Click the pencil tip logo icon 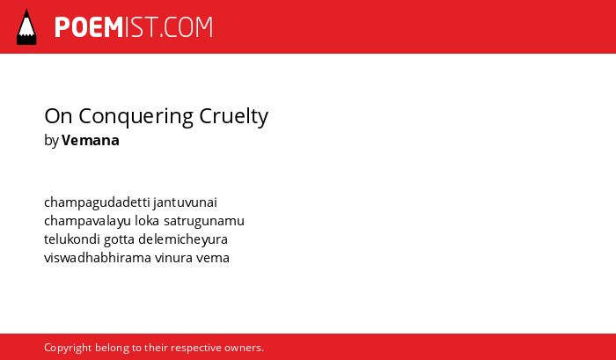tap(26, 26)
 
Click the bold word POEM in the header tap(89, 27)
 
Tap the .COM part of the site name tap(186, 27)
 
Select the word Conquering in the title tap(136, 117)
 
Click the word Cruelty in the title tap(234, 117)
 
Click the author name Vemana tap(91, 140)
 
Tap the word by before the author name tap(51, 141)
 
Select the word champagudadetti tap(97, 202)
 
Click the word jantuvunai tap(186, 202)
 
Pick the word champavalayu tap(87, 221)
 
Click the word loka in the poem tap(147, 220)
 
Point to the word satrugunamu tap(204, 221)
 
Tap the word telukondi tap(72, 239)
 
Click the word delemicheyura tap(183, 239)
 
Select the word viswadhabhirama tap(98, 258)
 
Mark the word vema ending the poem tap(213, 258)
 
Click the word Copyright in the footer tap(68, 349)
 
